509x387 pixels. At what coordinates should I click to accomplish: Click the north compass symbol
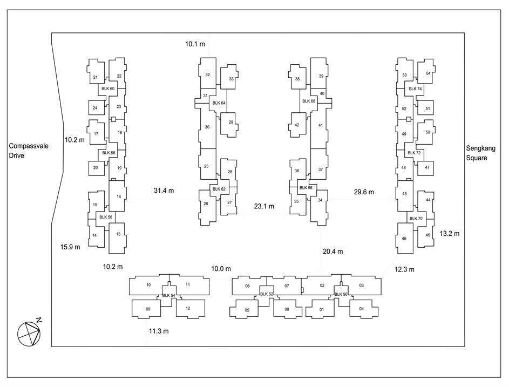click(x=29, y=334)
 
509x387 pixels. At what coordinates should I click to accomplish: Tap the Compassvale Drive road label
click(x=29, y=151)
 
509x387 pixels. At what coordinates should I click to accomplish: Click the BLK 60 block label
click(x=108, y=89)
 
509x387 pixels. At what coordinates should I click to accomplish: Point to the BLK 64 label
click(x=219, y=103)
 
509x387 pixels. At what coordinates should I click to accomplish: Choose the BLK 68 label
click(x=309, y=101)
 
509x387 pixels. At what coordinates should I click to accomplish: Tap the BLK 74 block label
click(x=415, y=89)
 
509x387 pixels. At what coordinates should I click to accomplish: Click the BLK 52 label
click(x=267, y=294)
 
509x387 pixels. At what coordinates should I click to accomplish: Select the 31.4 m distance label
click(x=164, y=191)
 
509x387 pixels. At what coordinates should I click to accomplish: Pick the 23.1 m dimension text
click(x=264, y=206)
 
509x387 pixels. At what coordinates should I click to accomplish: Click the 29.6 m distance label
click(x=364, y=192)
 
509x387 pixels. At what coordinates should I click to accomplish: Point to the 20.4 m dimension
click(x=332, y=252)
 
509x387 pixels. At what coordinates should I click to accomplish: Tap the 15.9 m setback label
click(x=70, y=247)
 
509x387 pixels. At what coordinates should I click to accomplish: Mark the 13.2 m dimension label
click(x=450, y=233)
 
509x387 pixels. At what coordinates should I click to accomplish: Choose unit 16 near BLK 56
click(x=119, y=196)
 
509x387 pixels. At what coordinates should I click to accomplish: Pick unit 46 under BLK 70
click(x=404, y=239)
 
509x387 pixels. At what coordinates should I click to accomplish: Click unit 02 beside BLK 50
click(x=322, y=286)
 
